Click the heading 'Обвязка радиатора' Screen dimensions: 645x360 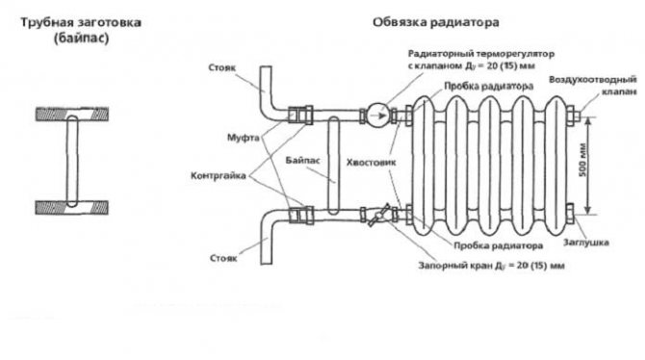pyautogui.click(x=436, y=22)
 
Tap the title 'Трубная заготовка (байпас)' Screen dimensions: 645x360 pyautogui.click(x=81, y=30)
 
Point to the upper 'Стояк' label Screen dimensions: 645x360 pyautogui.click(x=222, y=67)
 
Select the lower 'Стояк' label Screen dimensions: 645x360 pyautogui.click(x=223, y=258)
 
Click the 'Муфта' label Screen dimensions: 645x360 pyautogui.click(x=244, y=138)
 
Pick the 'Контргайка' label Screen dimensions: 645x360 pyautogui.click(x=218, y=176)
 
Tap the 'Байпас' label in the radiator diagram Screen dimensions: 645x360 pyautogui.click(x=302, y=160)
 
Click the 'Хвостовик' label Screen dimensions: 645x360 pyautogui.click(x=371, y=162)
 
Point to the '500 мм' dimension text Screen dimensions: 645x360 pyautogui.click(x=582, y=160)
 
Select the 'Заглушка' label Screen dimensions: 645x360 pyautogui.click(x=585, y=243)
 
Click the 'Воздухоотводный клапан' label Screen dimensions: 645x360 pyautogui.click(x=593, y=85)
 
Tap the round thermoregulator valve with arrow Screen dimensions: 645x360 pyautogui.click(x=377, y=116)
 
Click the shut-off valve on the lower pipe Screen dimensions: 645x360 pyautogui.click(x=378, y=215)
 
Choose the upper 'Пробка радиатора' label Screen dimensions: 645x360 pyautogui.click(x=489, y=87)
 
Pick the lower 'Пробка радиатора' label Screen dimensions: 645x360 pyautogui.click(x=498, y=245)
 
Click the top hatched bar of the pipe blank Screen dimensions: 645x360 pyautogui.click(x=72, y=114)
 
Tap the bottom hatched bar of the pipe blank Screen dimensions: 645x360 pyautogui.click(x=71, y=207)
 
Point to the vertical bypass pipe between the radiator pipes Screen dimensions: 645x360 pyautogui.click(x=334, y=166)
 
